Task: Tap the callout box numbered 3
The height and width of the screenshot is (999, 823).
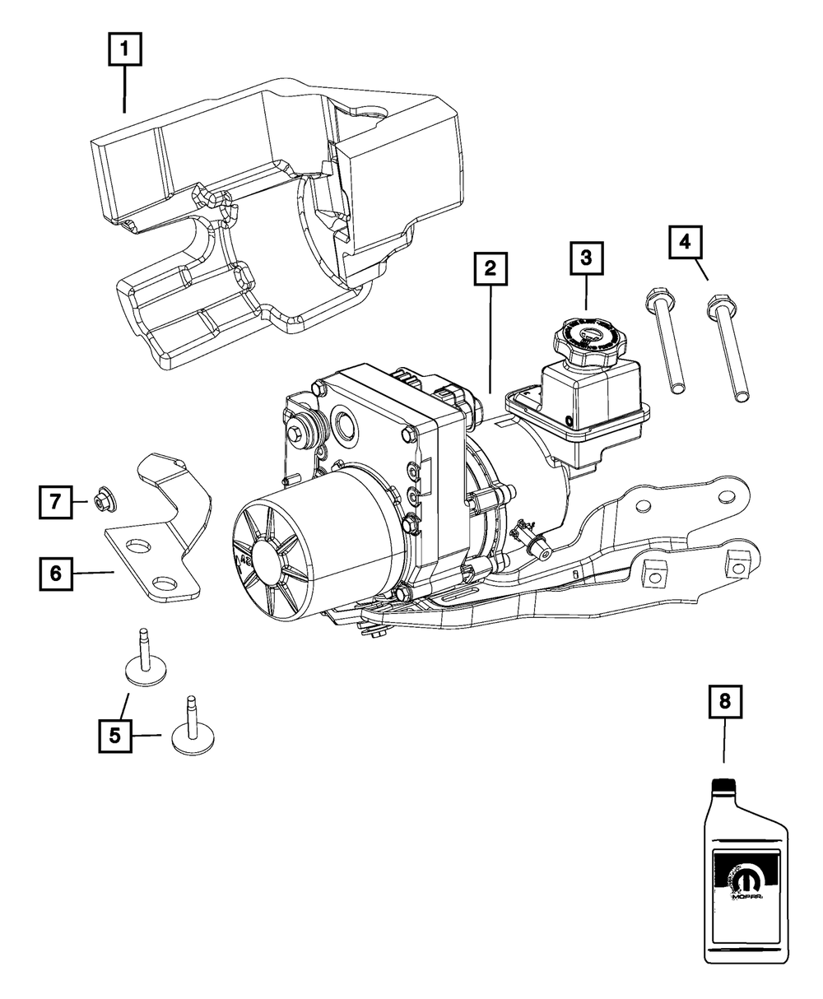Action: coord(585,258)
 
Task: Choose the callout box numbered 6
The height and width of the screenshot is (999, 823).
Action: coord(55,573)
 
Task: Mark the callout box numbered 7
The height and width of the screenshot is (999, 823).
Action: coord(55,501)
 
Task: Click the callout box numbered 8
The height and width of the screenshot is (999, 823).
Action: coord(724,702)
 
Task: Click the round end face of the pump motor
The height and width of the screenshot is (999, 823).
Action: coord(267,563)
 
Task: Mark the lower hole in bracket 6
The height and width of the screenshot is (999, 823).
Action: coord(165,583)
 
